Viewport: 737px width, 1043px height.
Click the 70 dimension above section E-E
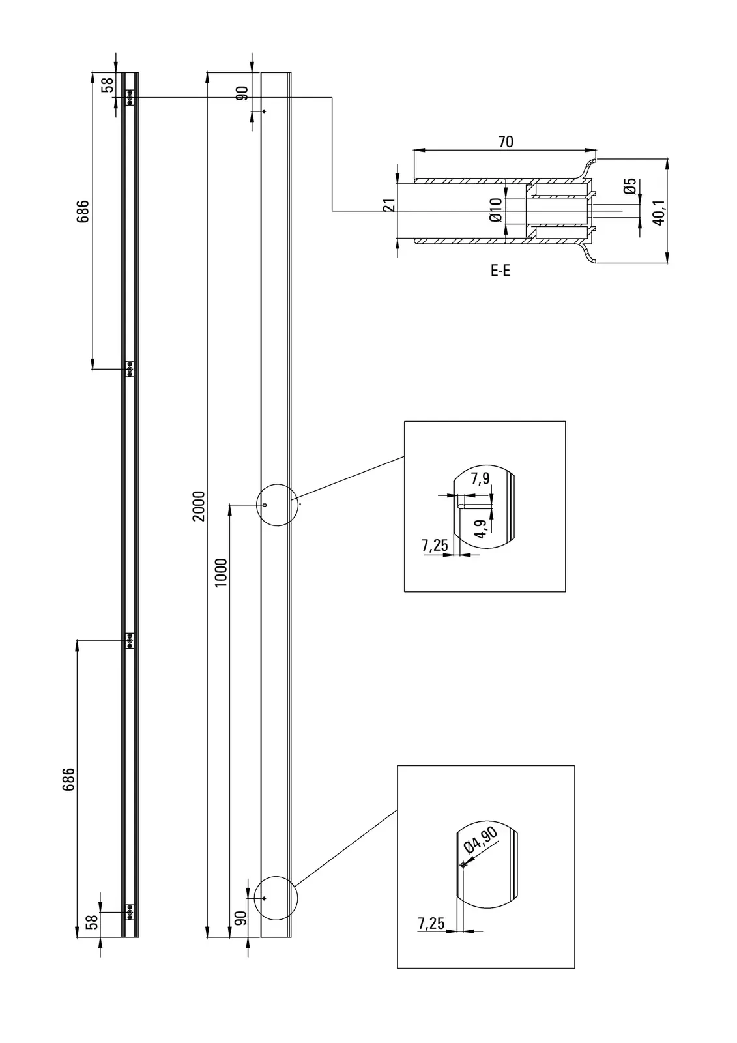(506, 141)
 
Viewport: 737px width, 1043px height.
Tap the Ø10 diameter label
(496, 211)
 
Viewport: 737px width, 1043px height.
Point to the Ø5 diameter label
(629, 186)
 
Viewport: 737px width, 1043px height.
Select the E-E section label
(500, 271)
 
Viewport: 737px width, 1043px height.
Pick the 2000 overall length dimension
(199, 505)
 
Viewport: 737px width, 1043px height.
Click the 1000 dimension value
(222, 572)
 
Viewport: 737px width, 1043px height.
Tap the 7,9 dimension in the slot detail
(480, 479)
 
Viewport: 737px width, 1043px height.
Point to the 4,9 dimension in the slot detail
(482, 529)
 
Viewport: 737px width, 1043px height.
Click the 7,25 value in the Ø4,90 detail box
(431, 923)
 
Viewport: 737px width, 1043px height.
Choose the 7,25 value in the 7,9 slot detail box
(435, 545)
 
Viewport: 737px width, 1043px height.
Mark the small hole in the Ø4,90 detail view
(463, 864)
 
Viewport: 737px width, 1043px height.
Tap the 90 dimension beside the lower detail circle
(240, 918)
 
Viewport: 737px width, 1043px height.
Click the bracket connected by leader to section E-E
(130, 97)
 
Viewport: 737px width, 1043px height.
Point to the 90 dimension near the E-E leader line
(242, 93)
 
